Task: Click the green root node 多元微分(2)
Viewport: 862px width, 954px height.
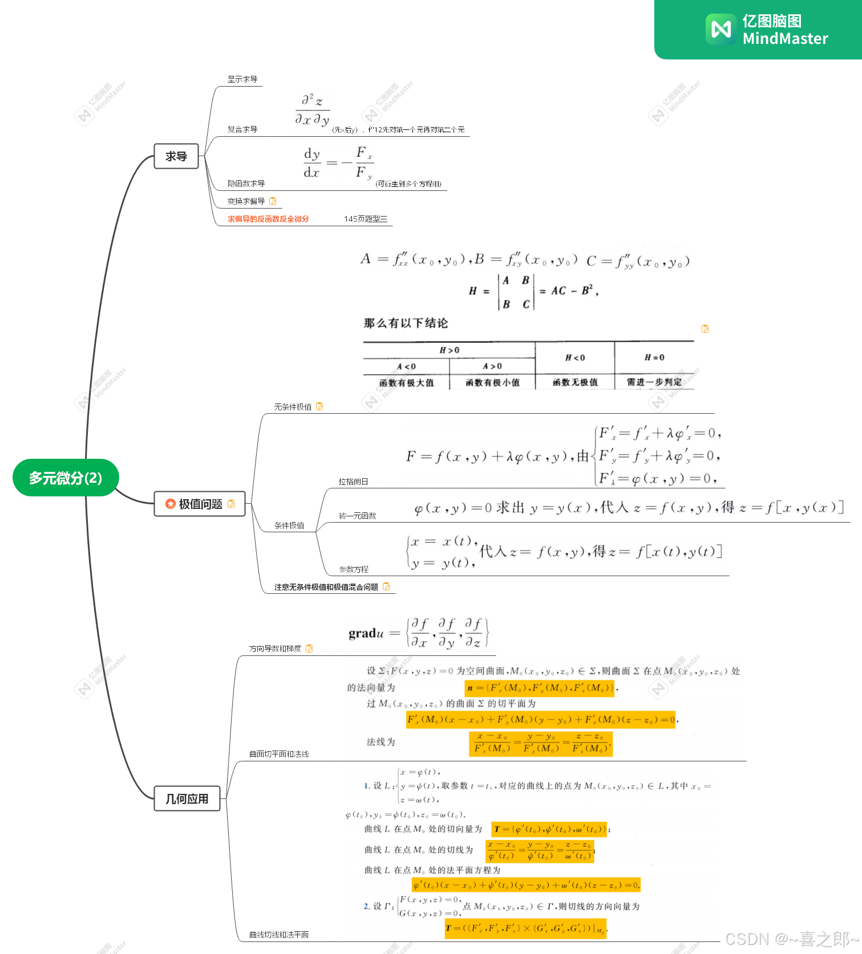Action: (x=66, y=478)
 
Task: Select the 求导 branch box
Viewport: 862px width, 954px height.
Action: (x=176, y=156)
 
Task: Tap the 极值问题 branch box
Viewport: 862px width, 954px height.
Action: (x=200, y=504)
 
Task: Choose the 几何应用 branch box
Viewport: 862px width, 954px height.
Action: (x=187, y=799)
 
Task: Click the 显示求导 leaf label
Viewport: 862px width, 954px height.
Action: (x=242, y=79)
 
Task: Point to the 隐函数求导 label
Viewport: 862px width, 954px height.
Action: (x=246, y=184)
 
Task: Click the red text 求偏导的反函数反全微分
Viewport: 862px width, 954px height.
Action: (x=268, y=219)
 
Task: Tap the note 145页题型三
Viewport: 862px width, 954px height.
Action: (x=366, y=219)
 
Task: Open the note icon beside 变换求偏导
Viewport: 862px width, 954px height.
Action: (x=273, y=201)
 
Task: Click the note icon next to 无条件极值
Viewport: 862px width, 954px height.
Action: (x=319, y=406)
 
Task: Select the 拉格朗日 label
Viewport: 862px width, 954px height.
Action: (x=353, y=482)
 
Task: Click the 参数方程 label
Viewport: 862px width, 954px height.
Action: (x=354, y=569)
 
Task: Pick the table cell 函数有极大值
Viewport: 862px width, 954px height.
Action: (x=406, y=382)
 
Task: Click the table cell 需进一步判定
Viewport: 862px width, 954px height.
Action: (x=654, y=382)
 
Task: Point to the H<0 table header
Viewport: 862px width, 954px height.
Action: (x=575, y=357)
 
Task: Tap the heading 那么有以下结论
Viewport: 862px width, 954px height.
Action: (x=406, y=323)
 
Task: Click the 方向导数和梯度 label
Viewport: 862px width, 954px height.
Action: (x=275, y=649)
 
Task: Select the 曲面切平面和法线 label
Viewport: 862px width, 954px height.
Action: (x=279, y=754)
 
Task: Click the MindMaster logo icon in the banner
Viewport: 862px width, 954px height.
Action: (x=721, y=29)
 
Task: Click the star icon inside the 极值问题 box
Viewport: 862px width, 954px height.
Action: (x=170, y=504)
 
